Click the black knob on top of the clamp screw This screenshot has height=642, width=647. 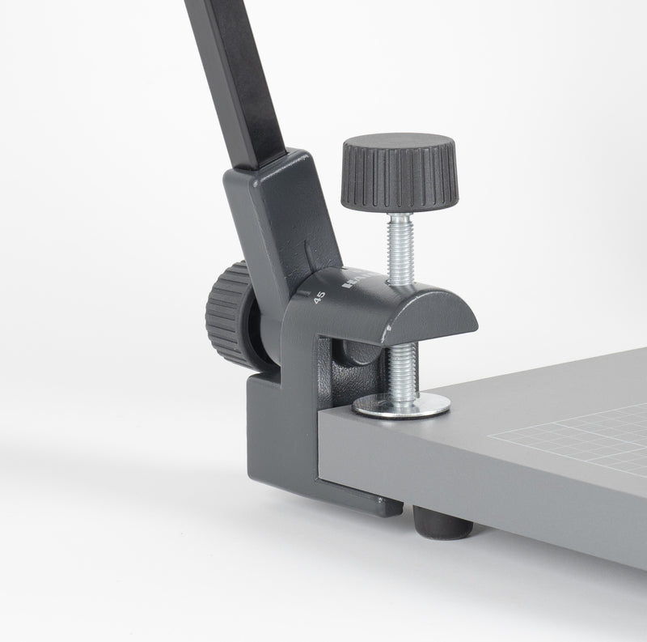(398, 172)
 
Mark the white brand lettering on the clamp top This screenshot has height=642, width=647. (356, 281)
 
